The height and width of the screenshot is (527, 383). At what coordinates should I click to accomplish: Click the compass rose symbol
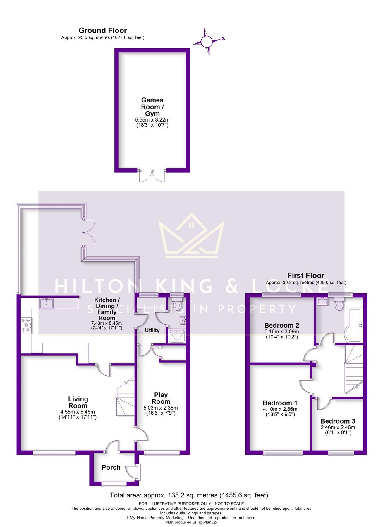[x=207, y=42]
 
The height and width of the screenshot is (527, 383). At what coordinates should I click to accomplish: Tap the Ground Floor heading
[x=103, y=30]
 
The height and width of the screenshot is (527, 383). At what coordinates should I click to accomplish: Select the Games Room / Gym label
[x=152, y=107]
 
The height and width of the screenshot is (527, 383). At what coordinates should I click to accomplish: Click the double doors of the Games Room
[x=152, y=176]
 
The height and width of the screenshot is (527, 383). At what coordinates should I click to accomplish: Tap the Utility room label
[x=152, y=330]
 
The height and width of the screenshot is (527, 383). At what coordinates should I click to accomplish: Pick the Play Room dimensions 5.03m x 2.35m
[x=161, y=408]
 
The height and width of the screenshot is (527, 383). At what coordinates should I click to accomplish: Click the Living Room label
[x=78, y=402]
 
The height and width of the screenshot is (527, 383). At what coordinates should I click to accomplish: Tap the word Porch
[x=111, y=468]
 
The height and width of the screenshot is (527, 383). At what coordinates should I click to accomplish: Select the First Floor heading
[x=306, y=276]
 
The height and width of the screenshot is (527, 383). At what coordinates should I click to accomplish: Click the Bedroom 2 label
[x=281, y=325]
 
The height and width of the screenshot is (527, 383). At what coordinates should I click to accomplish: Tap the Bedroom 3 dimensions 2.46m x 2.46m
[x=338, y=427]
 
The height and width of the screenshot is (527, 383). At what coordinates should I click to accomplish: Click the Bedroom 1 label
[x=280, y=403]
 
